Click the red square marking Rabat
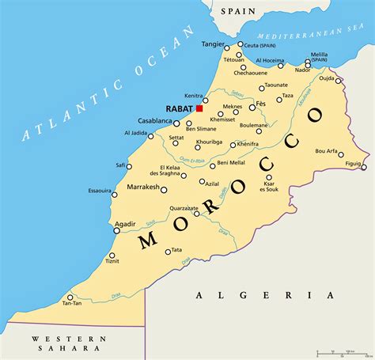pyautogui.click(x=199, y=108)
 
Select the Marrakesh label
pyautogui.click(x=143, y=188)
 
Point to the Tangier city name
pyautogui.click(x=213, y=44)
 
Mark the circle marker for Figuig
pyautogui.click(x=364, y=167)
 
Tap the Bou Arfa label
pyautogui.click(x=326, y=150)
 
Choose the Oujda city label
pyautogui.click(x=327, y=78)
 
